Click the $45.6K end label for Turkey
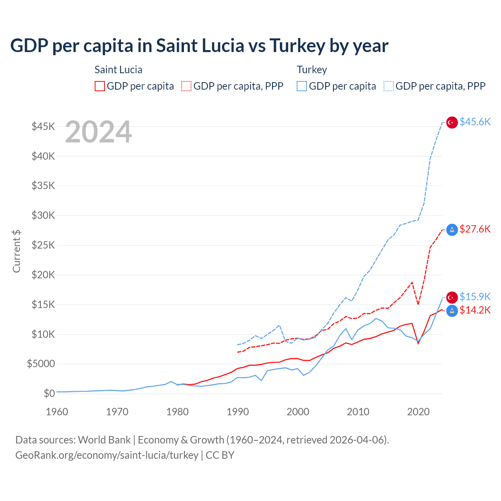pos(475,122)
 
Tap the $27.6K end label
pos(475,229)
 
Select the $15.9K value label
pos(475,297)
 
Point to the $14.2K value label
pos(475,310)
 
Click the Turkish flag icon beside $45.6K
pos(452,123)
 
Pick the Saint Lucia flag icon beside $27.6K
pos(452,230)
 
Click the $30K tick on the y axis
pos(43,215)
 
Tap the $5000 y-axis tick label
pos(41,364)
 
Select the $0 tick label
pos(49,393)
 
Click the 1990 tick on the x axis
pos(238,412)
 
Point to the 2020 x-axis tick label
pos(418,412)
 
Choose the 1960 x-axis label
pos(57,412)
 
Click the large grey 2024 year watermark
pos(98,132)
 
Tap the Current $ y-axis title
pos(16,251)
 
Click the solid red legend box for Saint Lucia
pos(100,86)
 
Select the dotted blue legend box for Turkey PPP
pos(389,86)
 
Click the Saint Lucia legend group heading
pos(118,70)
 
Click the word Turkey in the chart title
pos(297,46)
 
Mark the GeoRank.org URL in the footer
pos(107,455)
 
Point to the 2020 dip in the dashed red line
pos(418,304)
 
